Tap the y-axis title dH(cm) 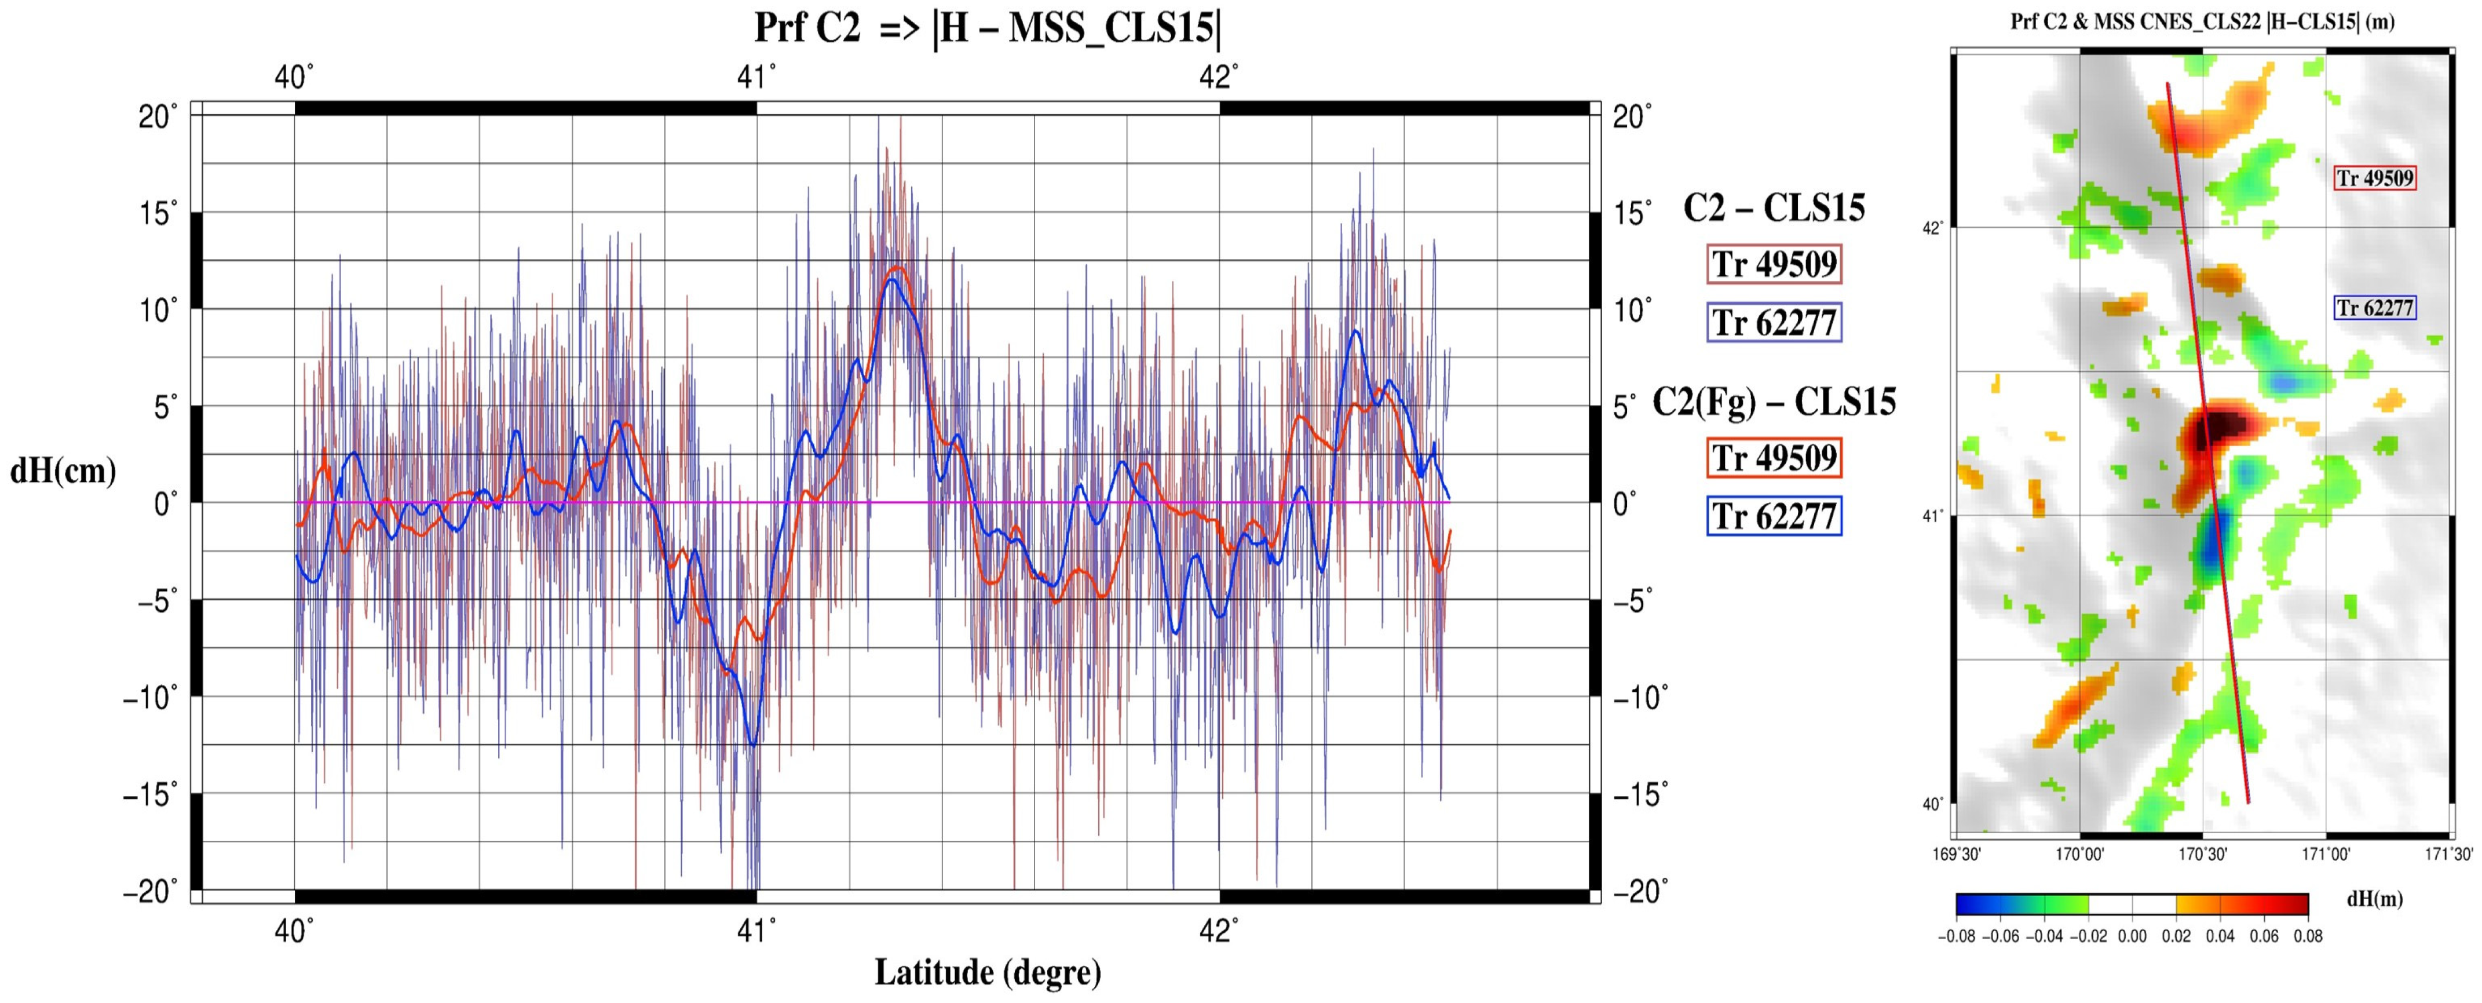point(63,470)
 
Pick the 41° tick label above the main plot point(756,77)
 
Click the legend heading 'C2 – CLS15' point(1774,208)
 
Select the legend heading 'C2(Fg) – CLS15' point(1774,401)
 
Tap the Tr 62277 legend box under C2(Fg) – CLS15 point(1774,516)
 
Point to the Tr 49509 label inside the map point(2374,178)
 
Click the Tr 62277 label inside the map point(2374,308)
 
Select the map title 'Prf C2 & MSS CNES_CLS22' point(2202,22)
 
